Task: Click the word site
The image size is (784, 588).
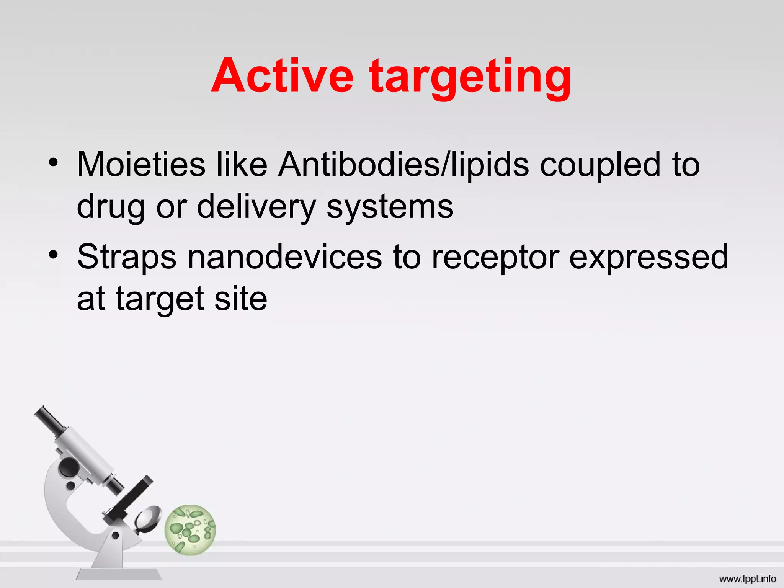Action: (x=240, y=299)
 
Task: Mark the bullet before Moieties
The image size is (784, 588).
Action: (x=53, y=163)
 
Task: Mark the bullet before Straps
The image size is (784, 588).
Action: (x=53, y=255)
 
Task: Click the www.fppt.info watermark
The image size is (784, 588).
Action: (x=747, y=579)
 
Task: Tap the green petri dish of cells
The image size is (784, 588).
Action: (x=190, y=529)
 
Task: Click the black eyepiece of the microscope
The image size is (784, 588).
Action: (x=48, y=419)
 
